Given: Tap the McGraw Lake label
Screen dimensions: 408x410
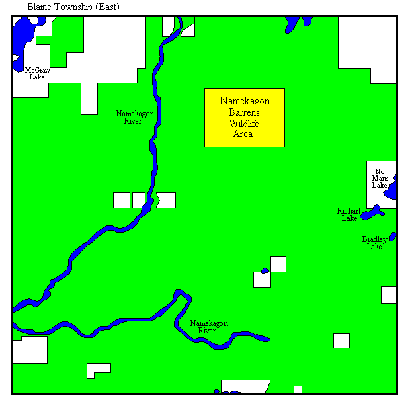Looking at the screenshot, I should [x=37, y=73].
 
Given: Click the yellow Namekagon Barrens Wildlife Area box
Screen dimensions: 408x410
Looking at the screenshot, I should [x=244, y=117].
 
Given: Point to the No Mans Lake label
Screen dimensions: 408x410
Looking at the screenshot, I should [x=380, y=178].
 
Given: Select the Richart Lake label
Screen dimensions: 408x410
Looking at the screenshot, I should [x=349, y=214].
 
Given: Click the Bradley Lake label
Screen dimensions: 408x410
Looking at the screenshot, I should [x=374, y=243].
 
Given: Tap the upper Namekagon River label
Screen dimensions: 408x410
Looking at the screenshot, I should [x=134, y=117].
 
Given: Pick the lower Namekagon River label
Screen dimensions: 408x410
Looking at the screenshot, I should [x=208, y=327].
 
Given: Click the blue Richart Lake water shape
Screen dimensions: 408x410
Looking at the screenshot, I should [x=373, y=212].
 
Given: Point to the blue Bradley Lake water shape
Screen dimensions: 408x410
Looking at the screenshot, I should [x=393, y=236].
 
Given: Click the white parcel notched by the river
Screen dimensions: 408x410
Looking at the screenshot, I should [x=166, y=200].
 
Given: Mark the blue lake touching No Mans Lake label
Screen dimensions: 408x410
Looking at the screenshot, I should [x=390, y=194].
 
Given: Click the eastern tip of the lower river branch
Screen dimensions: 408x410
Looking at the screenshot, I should [x=268, y=339].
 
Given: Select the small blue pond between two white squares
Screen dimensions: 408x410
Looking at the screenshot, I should [x=265, y=271].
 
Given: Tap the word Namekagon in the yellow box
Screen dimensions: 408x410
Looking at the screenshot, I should [x=245, y=101].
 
